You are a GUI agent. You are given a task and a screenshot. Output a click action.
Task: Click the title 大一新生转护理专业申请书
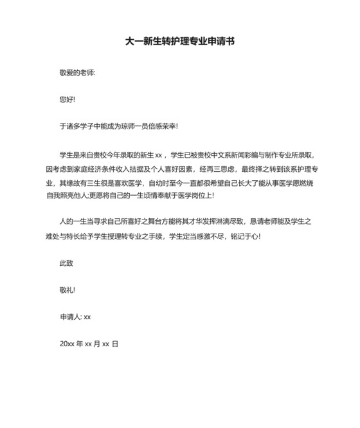point(179,41)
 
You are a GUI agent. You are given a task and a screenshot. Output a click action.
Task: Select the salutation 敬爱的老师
point(76,73)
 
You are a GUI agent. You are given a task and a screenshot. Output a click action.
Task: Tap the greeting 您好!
point(67,100)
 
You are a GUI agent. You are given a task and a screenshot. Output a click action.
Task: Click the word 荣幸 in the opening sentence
point(167,127)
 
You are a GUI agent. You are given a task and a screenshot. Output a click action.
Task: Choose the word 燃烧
point(305,182)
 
